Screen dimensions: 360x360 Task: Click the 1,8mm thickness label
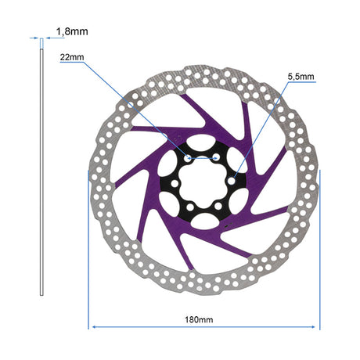click(x=72, y=31)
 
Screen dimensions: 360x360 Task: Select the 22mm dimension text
click(x=72, y=57)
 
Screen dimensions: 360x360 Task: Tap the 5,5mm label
click(x=301, y=77)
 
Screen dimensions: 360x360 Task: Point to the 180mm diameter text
click(x=199, y=319)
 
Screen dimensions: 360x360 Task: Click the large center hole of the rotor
click(x=203, y=183)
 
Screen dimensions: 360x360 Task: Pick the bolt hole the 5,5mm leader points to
click(x=231, y=181)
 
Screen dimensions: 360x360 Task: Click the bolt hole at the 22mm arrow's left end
click(x=188, y=158)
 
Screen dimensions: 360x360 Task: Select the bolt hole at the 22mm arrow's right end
click(x=216, y=157)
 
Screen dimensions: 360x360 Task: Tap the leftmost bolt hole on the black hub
click(x=175, y=183)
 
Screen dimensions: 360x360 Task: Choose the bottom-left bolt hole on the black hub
click(x=190, y=207)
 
